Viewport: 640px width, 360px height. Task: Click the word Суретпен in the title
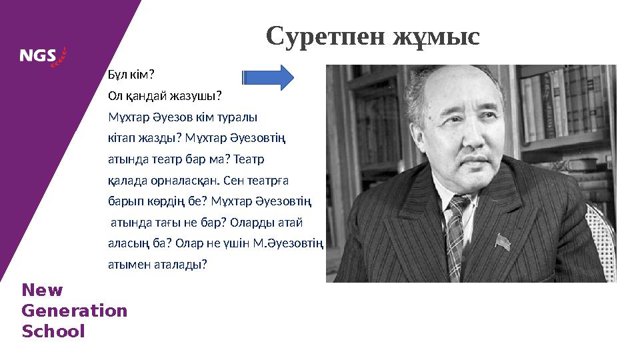(316, 37)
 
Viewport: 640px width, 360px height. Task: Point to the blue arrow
(268, 77)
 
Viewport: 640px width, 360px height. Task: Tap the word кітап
(121, 139)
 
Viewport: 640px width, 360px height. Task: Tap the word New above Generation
(42, 291)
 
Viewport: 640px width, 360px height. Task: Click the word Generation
(74, 311)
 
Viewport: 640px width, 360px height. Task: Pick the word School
(53, 331)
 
